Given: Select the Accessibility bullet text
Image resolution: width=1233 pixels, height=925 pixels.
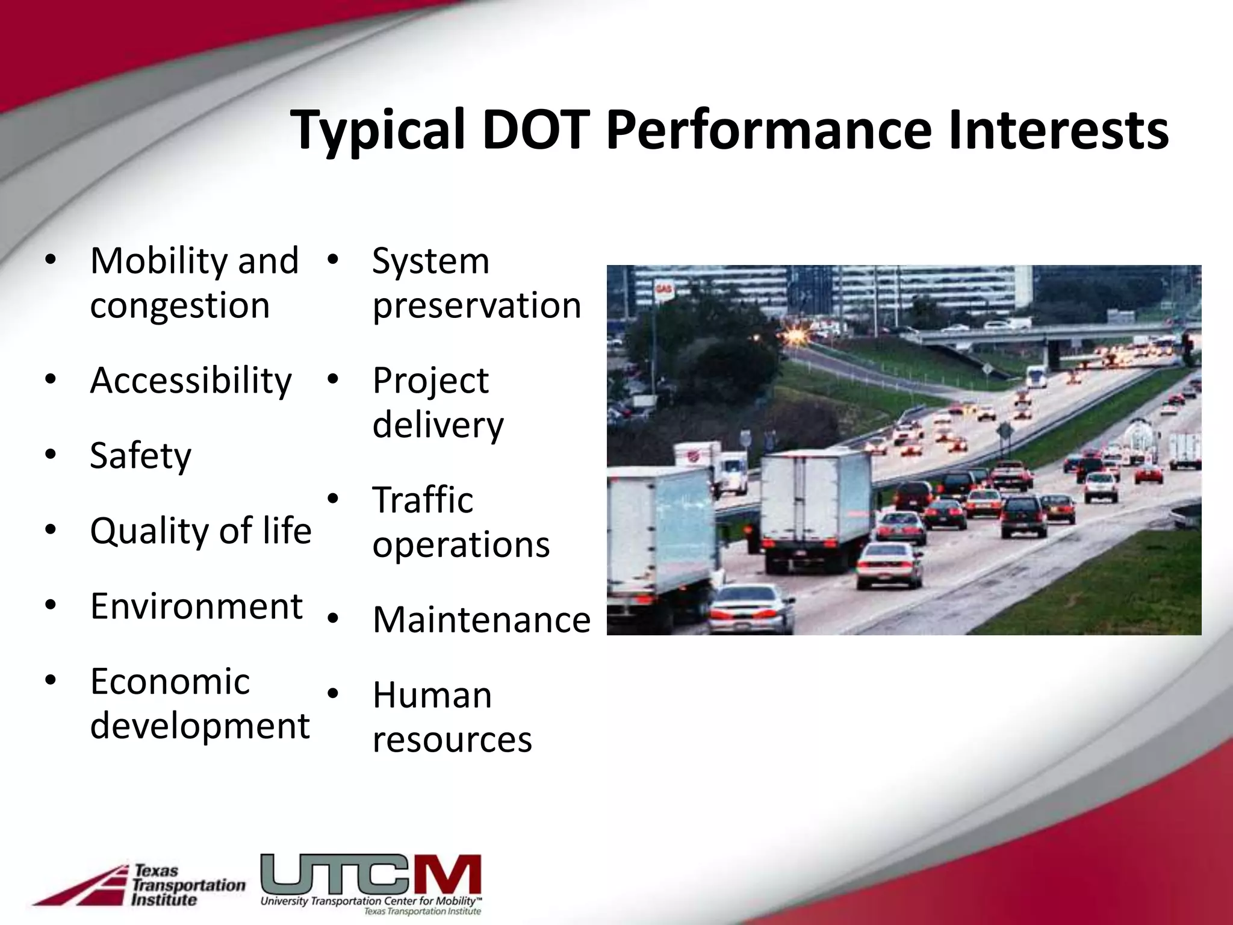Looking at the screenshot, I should pyautogui.click(x=191, y=381).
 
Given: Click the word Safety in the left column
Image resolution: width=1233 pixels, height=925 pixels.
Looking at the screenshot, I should pyautogui.click(x=140, y=455).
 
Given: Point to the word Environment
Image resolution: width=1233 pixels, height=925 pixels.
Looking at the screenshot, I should pyautogui.click(x=196, y=606).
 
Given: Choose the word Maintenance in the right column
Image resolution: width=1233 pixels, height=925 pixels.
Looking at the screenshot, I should pyautogui.click(x=482, y=620).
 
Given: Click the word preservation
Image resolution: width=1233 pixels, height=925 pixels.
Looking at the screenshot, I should pyautogui.click(x=477, y=305).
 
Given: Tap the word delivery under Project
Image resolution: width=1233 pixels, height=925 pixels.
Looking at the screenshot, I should pyautogui.click(x=438, y=425).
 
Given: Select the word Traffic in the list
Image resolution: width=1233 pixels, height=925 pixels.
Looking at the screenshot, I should pyautogui.click(x=423, y=500).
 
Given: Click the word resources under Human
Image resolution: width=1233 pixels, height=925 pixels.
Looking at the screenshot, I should pyautogui.click(x=452, y=740).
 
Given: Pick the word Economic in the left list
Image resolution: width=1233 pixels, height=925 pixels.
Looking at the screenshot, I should pyautogui.click(x=170, y=681).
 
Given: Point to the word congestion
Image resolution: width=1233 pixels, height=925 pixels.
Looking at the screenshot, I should pyautogui.click(x=179, y=305).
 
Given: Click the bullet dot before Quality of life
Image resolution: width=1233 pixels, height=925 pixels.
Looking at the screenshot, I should pyautogui.click(x=51, y=530).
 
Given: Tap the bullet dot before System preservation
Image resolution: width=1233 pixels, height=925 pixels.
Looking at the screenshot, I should pyautogui.click(x=333, y=260).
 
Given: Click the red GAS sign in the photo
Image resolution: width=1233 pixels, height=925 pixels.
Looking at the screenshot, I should pyautogui.click(x=663, y=290).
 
